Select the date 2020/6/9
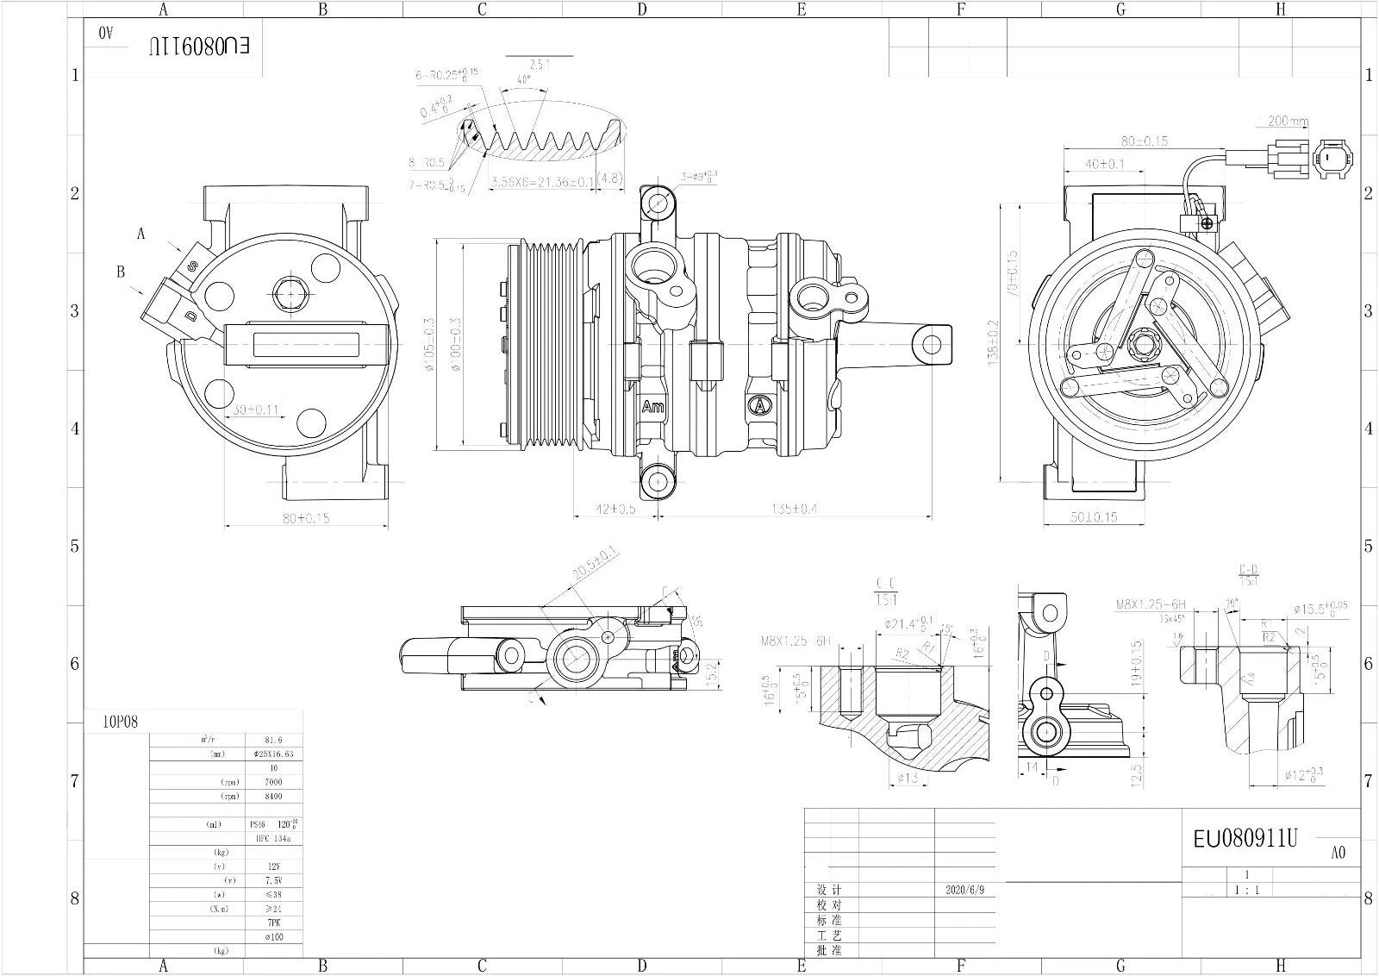tap(964, 890)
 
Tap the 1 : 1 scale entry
tap(1246, 890)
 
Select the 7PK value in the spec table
tap(273, 923)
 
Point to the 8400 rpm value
tap(273, 796)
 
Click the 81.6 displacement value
tap(273, 740)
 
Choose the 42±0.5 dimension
tap(615, 509)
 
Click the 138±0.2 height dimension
tap(995, 343)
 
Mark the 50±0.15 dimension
tap(1093, 516)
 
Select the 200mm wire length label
tap(1287, 121)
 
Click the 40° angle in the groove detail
tap(523, 79)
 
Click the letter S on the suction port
tap(192, 269)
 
